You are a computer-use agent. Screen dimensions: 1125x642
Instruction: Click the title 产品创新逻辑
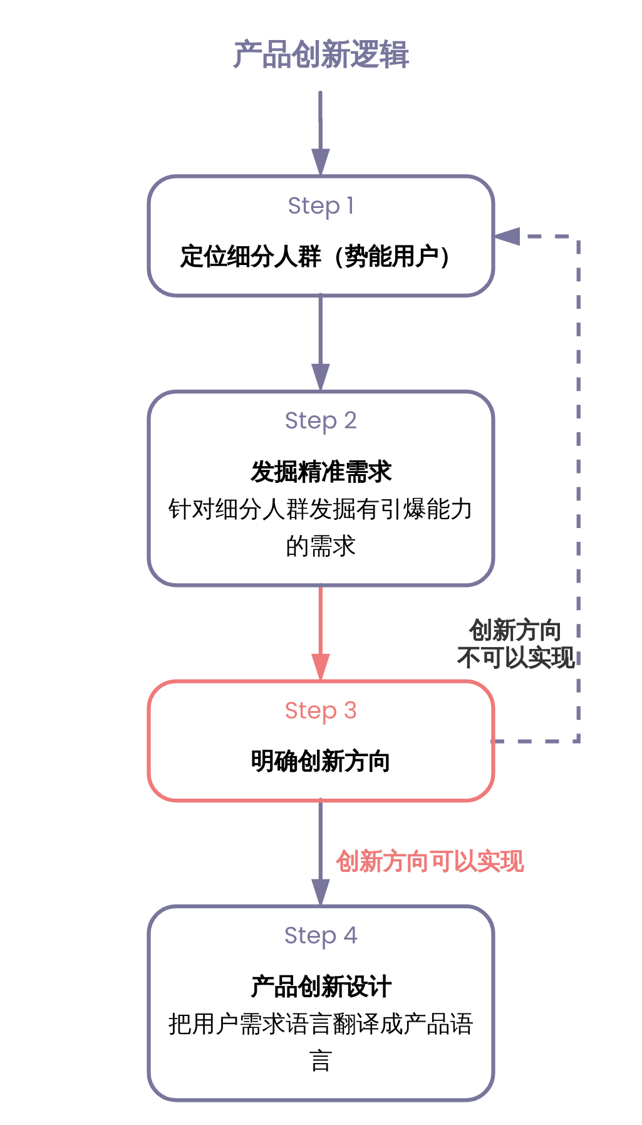tap(321, 55)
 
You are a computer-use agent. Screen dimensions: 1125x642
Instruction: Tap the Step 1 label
tap(321, 205)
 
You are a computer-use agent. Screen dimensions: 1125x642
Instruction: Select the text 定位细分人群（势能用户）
tap(315, 256)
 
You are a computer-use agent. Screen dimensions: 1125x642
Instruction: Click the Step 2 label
tap(321, 420)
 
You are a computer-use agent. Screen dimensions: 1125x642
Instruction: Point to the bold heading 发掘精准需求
tap(321, 472)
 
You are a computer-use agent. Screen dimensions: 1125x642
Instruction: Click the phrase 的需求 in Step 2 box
tap(321, 546)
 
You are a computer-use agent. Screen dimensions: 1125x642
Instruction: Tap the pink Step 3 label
tap(321, 710)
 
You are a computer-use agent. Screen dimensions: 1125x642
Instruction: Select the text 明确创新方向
tap(321, 761)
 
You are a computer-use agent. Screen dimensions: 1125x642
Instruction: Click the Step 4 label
tap(321, 935)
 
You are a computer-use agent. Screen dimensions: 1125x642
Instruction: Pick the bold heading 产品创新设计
tap(321, 987)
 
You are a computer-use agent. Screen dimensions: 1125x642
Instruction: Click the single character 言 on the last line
tap(321, 1061)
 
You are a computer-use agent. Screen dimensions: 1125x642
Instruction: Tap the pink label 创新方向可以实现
tap(430, 861)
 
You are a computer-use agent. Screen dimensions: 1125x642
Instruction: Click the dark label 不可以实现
tap(515, 658)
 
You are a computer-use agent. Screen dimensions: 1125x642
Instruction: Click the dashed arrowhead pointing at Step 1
tap(507, 236)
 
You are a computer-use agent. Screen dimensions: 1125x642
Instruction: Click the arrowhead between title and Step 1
tap(321, 162)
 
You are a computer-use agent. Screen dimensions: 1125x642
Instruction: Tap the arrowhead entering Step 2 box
tap(321, 377)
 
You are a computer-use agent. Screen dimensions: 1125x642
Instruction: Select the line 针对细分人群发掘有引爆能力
tap(321, 509)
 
